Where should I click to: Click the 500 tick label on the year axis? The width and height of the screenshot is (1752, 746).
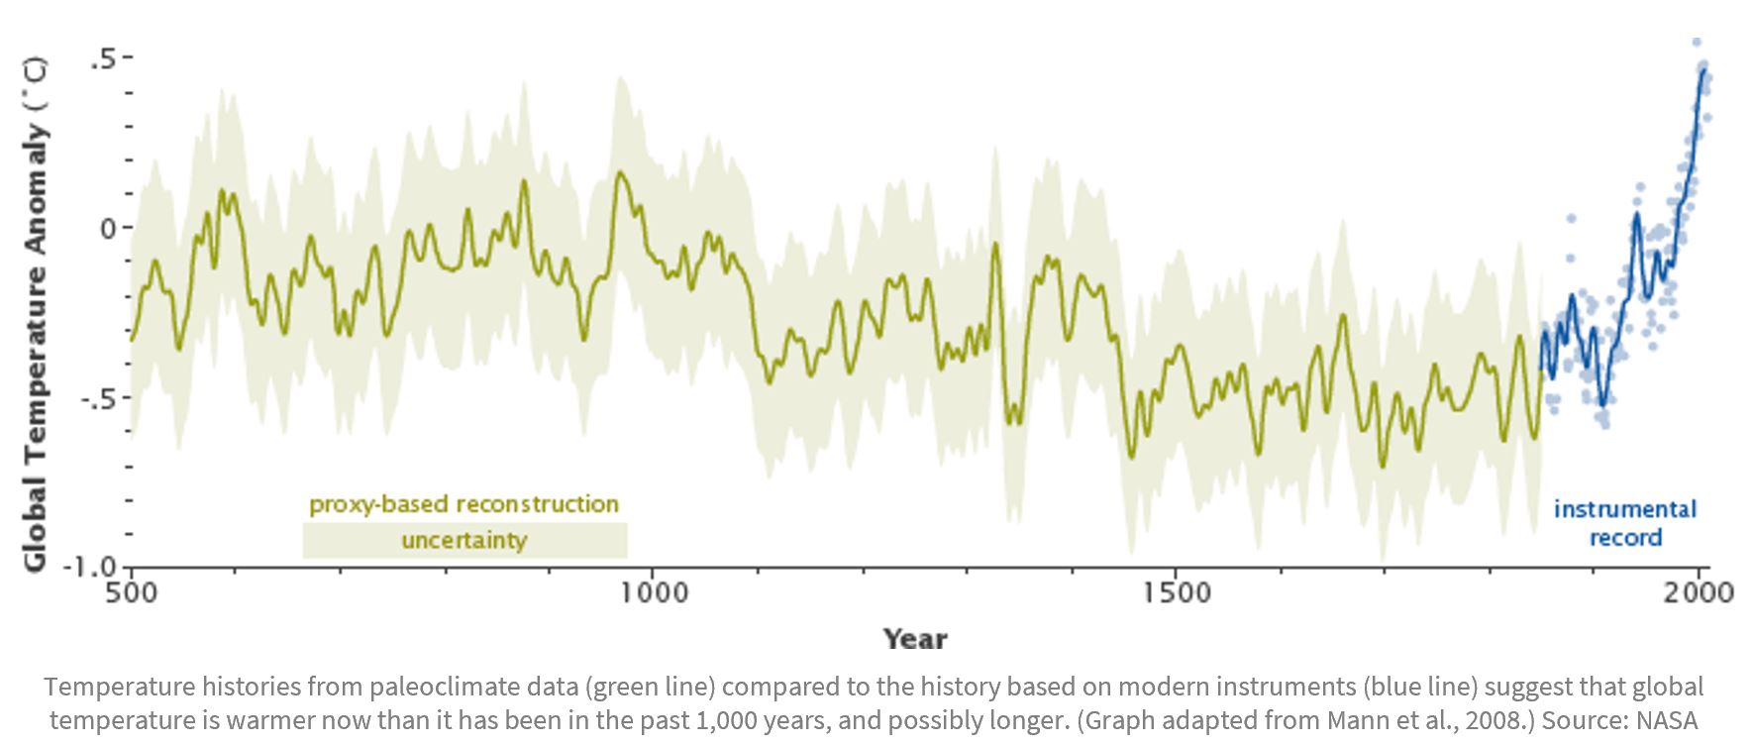coord(131,592)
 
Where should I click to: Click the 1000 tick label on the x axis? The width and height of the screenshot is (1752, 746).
coord(654,592)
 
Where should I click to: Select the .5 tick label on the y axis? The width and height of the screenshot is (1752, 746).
coord(103,58)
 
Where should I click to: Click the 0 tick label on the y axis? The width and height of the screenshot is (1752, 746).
coord(109,229)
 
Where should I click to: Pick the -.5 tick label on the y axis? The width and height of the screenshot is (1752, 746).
coord(98,398)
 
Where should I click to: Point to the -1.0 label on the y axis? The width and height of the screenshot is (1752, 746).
coord(90,568)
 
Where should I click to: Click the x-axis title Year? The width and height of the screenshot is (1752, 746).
coord(915,639)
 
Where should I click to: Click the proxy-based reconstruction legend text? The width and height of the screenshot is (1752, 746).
coord(464,504)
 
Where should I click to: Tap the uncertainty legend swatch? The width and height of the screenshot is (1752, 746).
coord(464,541)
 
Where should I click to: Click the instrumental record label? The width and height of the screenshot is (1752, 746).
coord(1625,523)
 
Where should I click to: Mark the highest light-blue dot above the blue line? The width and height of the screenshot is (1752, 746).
coord(1697,43)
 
